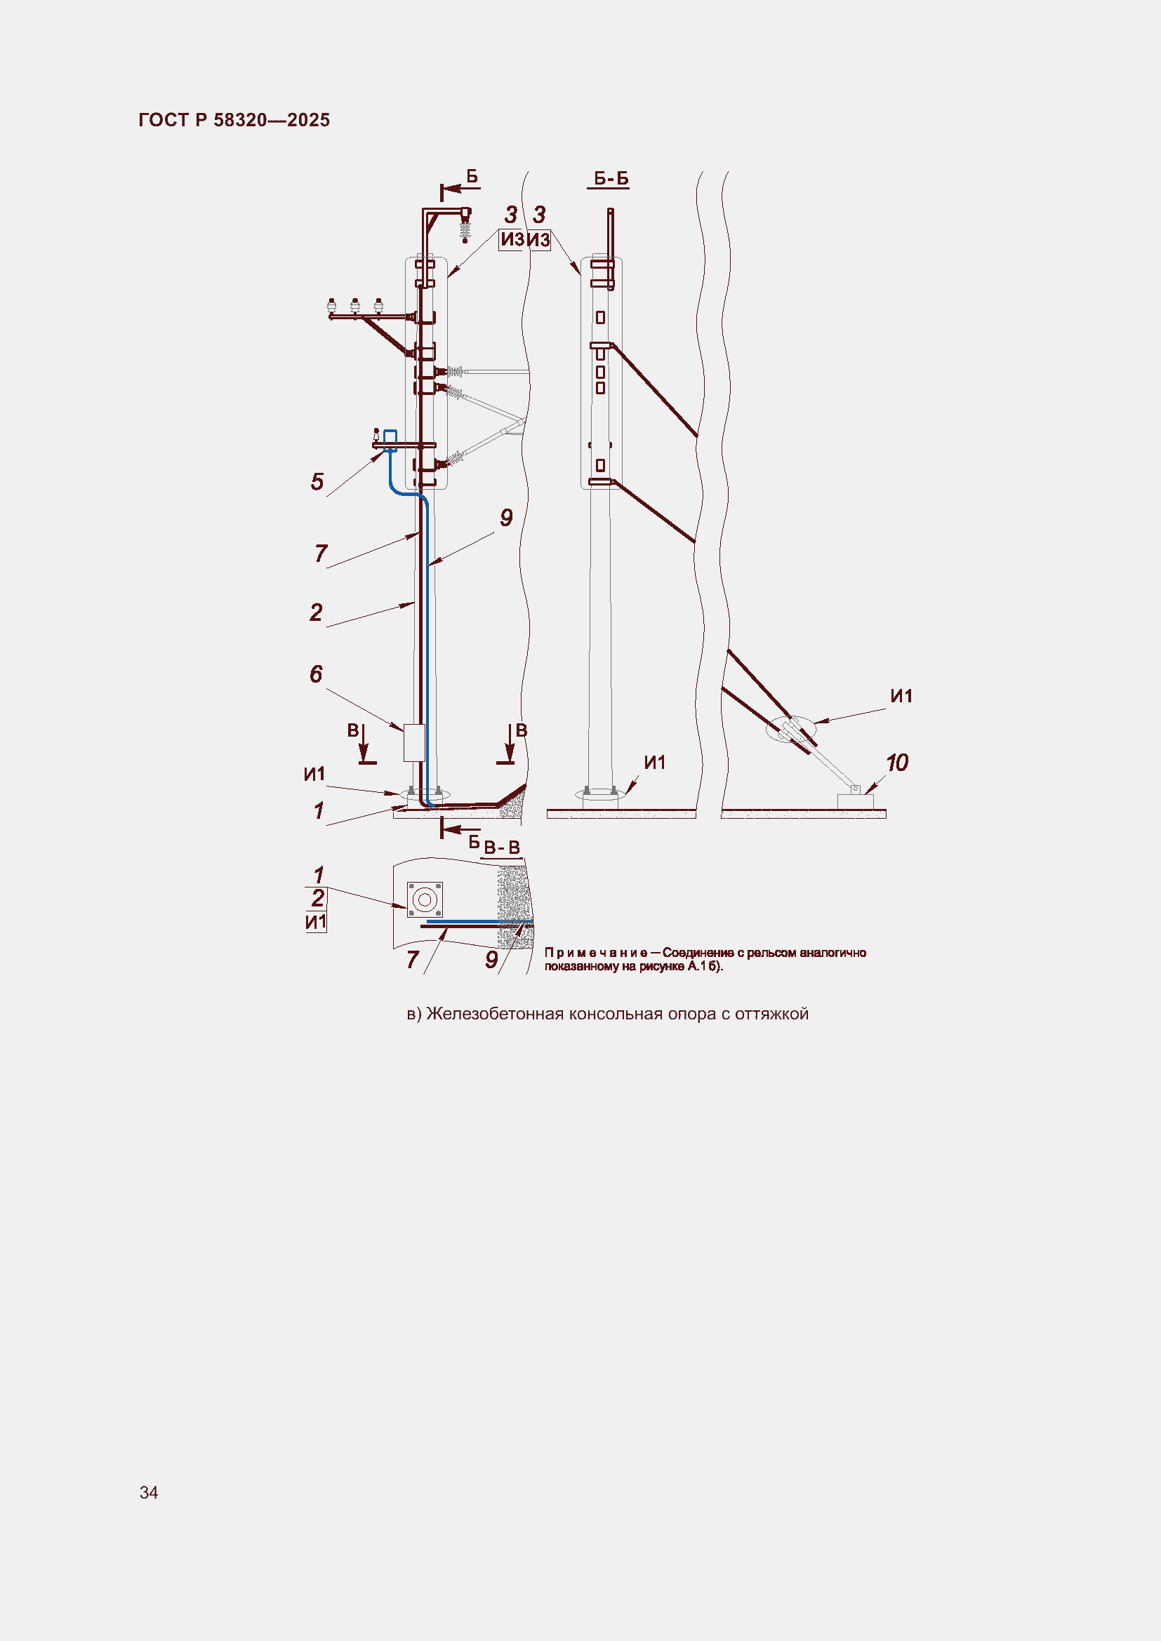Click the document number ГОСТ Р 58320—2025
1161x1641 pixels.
pos(234,120)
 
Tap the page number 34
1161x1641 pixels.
pos(149,1492)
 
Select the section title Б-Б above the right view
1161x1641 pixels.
pos(611,178)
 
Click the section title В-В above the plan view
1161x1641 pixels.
pos(502,848)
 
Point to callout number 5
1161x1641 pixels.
pos(317,482)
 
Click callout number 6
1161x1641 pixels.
pos(316,674)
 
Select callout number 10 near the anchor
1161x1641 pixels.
pos(897,763)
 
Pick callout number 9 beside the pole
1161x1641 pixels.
pos(506,518)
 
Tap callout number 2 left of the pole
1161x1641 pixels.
pos(316,612)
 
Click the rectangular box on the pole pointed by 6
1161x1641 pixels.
pos(414,742)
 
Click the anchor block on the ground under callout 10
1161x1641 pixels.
pos(855,801)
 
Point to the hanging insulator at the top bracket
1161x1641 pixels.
pos(465,229)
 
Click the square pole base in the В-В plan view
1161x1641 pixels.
pos(425,900)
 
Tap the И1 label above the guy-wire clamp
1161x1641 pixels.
pos(901,696)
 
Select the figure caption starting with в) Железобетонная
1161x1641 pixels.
pos(608,1014)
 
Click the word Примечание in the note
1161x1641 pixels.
pos(596,953)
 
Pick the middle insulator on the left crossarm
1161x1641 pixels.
pos(354,306)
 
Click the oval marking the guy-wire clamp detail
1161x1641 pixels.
pos(790,730)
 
